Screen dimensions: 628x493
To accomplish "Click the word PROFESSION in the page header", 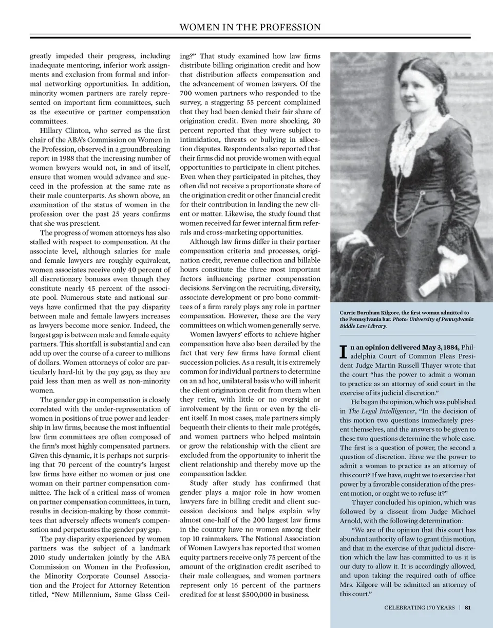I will pyautogui.click(x=288, y=27).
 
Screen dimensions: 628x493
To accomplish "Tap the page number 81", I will pyautogui.click(x=468, y=607).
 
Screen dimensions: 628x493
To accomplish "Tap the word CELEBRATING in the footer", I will pyautogui.click(x=404, y=607).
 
